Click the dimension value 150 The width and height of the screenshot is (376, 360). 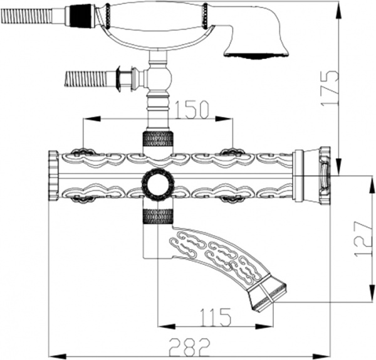tap(192, 109)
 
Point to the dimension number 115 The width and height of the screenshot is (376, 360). tap(215, 317)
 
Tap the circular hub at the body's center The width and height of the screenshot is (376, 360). tap(157, 184)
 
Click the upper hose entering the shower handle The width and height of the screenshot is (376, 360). tap(28, 16)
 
